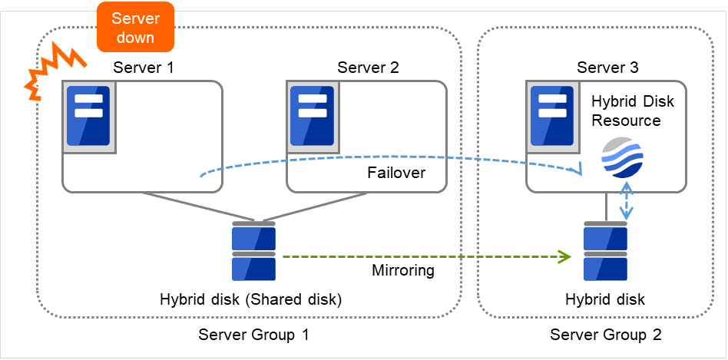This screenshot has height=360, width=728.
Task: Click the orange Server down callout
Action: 134,28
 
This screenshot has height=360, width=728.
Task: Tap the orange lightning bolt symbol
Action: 48,73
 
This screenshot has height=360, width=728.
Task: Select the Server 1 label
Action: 144,68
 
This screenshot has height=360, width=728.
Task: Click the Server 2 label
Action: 369,68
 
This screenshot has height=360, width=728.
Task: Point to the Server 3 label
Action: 607,68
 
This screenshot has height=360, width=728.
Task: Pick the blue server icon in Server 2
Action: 313,116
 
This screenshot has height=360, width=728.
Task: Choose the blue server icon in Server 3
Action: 553,116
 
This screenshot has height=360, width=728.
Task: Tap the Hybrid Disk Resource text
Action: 626,111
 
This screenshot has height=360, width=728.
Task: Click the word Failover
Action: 395,173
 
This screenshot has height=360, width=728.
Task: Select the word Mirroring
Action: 403,270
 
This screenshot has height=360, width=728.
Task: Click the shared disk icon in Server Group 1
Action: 253,252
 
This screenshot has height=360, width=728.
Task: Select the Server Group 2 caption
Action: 606,335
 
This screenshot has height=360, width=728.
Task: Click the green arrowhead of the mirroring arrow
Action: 565,256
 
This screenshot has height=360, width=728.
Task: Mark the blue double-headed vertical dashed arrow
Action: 628,201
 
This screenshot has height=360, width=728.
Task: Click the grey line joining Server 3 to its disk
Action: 607,207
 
